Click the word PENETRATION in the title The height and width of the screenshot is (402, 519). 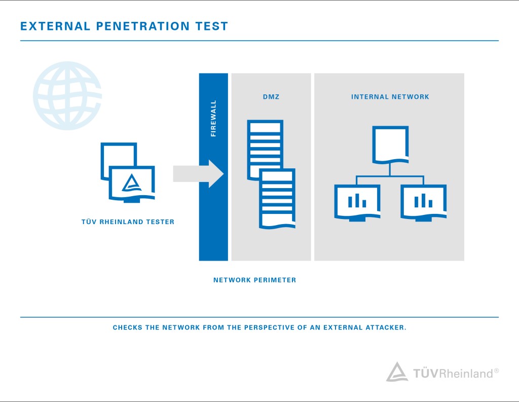coord(142,26)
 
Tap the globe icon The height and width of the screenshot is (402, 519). coord(67,96)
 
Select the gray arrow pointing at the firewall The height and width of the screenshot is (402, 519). coord(198,174)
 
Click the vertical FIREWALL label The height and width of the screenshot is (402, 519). coord(213,118)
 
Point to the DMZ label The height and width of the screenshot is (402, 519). coord(271,97)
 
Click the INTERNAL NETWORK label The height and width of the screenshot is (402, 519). coord(390,97)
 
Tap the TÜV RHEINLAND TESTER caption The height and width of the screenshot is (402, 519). coord(128,222)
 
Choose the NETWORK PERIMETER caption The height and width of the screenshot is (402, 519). coord(254,280)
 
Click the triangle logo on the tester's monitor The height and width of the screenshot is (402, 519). coord(132,183)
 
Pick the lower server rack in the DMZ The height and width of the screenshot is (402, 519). coord(277,199)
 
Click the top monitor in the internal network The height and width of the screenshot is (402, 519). coord(390,144)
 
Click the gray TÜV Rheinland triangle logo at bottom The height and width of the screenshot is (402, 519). coord(397,372)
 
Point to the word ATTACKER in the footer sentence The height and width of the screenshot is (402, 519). coord(386,327)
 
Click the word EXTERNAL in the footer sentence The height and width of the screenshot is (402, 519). coord(343,327)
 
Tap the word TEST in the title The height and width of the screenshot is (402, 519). coord(212,26)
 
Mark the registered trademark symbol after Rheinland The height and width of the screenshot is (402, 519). coord(496,371)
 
